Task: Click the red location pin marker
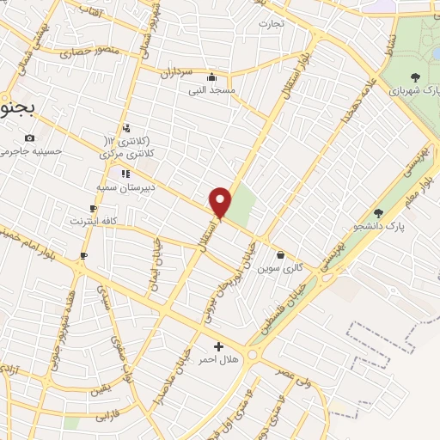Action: pyautogui.click(x=221, y=203)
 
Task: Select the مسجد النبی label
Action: pyautogui.click(x=217, y=89)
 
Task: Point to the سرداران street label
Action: pyautogui.click(x=177, y=73)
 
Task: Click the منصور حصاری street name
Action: pyautogui.click(x=89, y=52)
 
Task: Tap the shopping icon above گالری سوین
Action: pyautogui.click(x=281, y=254)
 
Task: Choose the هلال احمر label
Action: pyautogui.click(x=218, y=359)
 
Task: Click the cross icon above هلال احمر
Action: pyautogui.click(x=218, y=346)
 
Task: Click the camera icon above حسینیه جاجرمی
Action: pyautogui.click(x=31, y=138)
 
